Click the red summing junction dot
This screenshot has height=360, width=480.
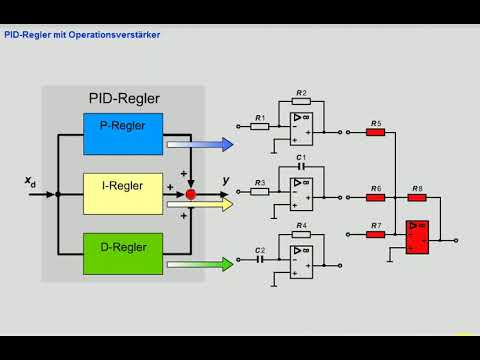click(x=191, y=193)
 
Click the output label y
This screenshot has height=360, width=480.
click(x=225, y=181)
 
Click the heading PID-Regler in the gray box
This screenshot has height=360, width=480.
click(x=124, y=99)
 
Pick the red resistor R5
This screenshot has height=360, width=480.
click(x=376, y=132)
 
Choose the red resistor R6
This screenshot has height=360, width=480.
click(x=376, y=195)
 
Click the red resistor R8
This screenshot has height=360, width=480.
click(x=416, y=195)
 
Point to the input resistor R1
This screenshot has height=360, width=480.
click(x=260, y=126)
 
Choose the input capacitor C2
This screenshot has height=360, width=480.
click(x=260, y=258)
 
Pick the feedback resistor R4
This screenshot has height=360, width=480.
click(x=301, y=233)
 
